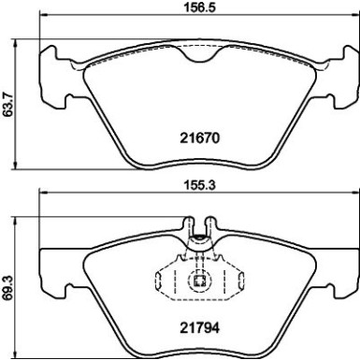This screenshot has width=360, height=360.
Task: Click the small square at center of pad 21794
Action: coord(198,278)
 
